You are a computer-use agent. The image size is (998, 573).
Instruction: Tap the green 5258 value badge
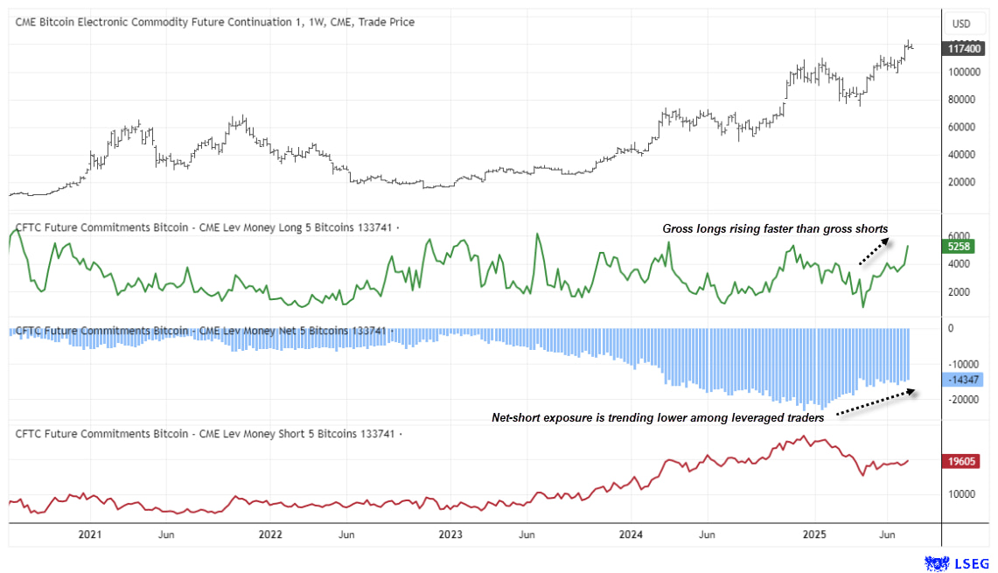960,248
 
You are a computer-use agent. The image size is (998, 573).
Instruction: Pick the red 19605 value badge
962,461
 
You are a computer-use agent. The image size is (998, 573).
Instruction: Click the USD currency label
961,23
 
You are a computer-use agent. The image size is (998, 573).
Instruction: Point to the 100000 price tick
963,72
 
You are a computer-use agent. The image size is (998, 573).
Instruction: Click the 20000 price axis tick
960,182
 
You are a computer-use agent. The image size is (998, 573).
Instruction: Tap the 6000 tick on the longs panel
958,236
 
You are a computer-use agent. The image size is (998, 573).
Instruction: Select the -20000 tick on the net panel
962,400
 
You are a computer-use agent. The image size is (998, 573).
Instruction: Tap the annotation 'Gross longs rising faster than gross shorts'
775,229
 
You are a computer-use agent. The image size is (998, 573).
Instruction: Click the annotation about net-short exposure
658,418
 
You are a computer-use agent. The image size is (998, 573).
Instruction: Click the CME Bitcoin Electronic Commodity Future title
215,22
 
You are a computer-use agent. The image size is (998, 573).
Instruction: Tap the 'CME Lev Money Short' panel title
205,433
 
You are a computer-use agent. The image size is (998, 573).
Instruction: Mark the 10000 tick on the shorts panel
960,493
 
